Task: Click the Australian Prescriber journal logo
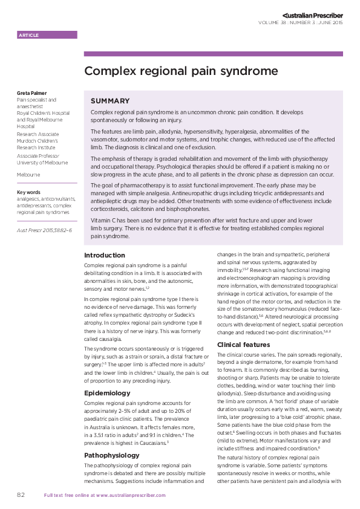[x=312, y=14]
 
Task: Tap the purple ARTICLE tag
[x=29, y=36]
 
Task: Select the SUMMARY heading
[x=110, y=101]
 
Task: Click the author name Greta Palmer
[x=31, y=93]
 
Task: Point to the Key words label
[x=28, y=192]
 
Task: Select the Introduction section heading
[x=105, y=256]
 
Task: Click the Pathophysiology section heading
[x=112, y=438]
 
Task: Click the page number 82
[x=21, y=494]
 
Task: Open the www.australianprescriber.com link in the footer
[x=128, y=495]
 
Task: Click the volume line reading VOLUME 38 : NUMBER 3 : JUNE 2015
[x=300, y=22]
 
